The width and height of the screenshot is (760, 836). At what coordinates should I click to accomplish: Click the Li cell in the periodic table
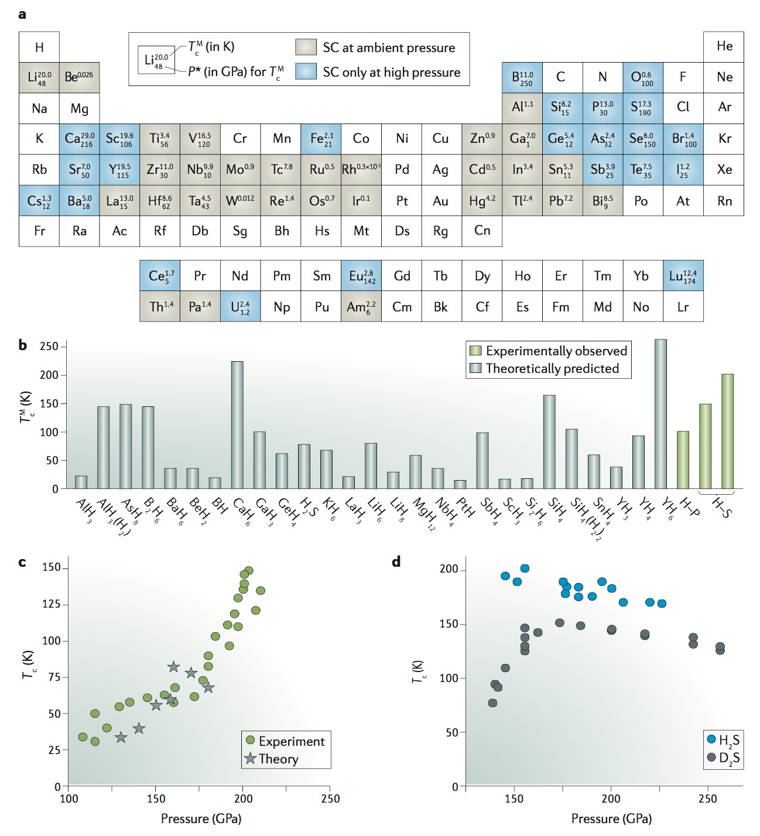coord(39,77)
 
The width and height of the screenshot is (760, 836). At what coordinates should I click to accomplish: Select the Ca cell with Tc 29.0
coord(79,139)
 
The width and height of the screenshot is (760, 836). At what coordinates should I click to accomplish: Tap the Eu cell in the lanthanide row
coord(361,276)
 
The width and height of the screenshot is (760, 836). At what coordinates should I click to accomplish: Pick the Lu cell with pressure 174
coord(683,276)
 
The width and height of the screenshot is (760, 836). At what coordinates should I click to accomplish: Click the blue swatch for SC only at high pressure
coord(306,71)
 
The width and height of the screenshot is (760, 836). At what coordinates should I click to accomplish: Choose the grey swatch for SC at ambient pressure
coord(306,47)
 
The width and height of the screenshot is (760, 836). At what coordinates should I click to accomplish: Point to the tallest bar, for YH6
coord(660,413)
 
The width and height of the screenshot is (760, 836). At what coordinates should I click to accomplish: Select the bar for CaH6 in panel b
coord(237,424)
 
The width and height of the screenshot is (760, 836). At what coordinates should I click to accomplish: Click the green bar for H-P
coord(683,460)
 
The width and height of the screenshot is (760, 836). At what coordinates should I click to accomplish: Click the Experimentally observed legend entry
coord(549,351)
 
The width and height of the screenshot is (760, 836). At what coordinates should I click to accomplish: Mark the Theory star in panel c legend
coord(251,759)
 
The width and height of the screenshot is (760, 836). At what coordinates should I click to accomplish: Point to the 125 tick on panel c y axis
coord(52,604)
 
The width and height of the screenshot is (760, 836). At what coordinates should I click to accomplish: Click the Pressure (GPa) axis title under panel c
coord(201,818)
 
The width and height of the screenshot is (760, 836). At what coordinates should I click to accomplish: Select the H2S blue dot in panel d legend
coord(711,739)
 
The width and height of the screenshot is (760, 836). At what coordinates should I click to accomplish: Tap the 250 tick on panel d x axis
coord(707,799)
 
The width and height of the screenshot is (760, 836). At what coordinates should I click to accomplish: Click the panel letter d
coord(396,562)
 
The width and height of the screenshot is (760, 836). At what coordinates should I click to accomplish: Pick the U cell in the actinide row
coord(241,307)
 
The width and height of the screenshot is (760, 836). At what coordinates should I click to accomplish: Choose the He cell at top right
coord(724,46)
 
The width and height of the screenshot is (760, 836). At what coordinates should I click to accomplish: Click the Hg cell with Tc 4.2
coord(482,201)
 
